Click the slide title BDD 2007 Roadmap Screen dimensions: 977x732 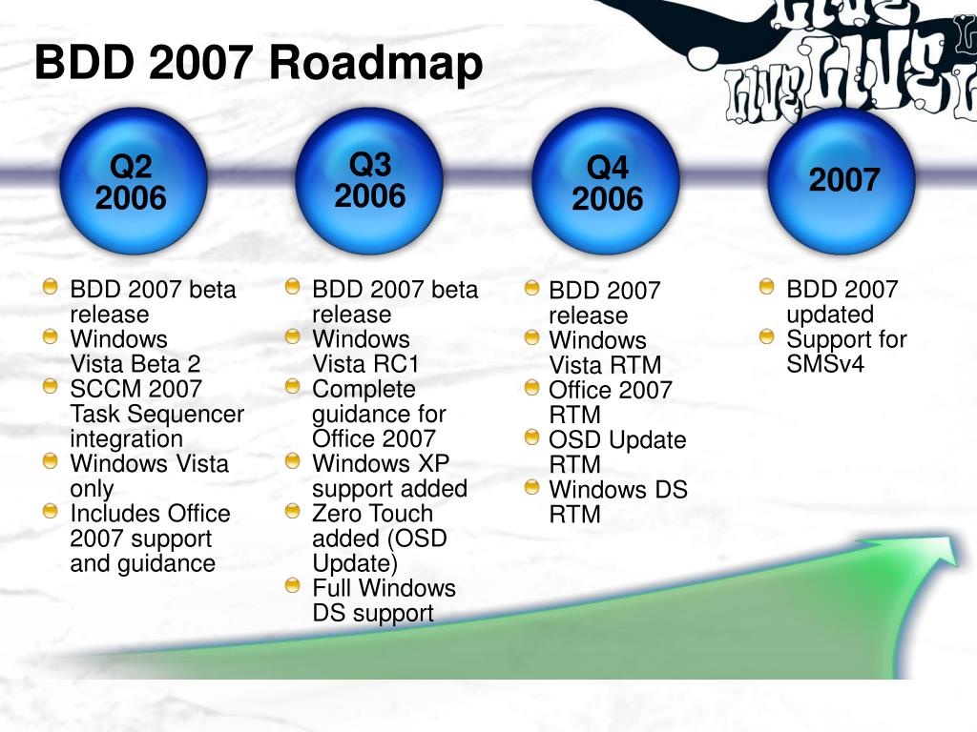[x=259, y=64]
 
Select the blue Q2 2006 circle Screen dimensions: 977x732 [x=133, y=181]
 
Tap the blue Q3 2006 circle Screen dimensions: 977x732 [x=369, y=181]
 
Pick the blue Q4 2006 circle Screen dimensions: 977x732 [x=606, y=181]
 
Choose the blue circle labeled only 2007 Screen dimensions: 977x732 [x=842, y=181]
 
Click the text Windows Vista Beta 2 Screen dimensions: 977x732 [x=135, y=352]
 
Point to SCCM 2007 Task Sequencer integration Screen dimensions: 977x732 [x=157, y=414]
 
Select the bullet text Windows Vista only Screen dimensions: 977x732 [x=150, y=477]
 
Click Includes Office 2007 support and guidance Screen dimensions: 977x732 [x=150, y=539]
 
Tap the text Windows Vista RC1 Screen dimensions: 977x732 [x=365, y=352]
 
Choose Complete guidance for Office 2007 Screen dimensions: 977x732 [x=379, y=414]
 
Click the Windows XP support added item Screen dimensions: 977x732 [x=389, y=477]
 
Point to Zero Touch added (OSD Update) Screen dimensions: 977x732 [x=380, y=539]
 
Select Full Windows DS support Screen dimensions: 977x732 [x=384, y=600]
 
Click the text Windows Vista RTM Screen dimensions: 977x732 [x=605, y=353]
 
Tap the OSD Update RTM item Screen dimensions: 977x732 [x=617, y=453]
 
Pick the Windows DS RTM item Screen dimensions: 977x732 [x=618, y=502]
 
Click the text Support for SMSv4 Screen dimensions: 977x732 [x=846, y=352]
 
